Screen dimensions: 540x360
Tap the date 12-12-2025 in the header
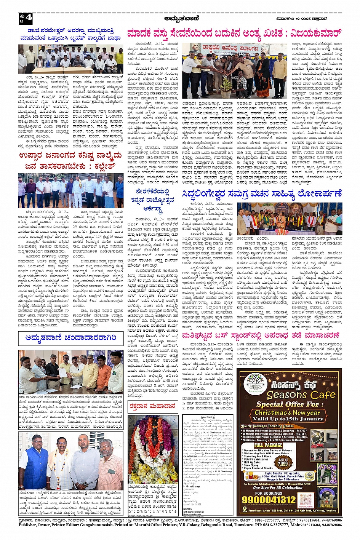301,18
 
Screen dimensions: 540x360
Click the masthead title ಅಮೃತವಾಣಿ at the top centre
180,18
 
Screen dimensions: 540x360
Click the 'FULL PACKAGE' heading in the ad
268,445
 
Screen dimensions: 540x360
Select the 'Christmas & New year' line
287,412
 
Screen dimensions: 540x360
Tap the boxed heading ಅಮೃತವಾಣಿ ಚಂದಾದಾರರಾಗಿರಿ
71,338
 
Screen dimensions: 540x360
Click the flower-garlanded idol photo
152,449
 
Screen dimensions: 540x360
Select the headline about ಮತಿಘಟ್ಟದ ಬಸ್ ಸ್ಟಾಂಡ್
260,336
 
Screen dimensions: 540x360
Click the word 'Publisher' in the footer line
28,525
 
